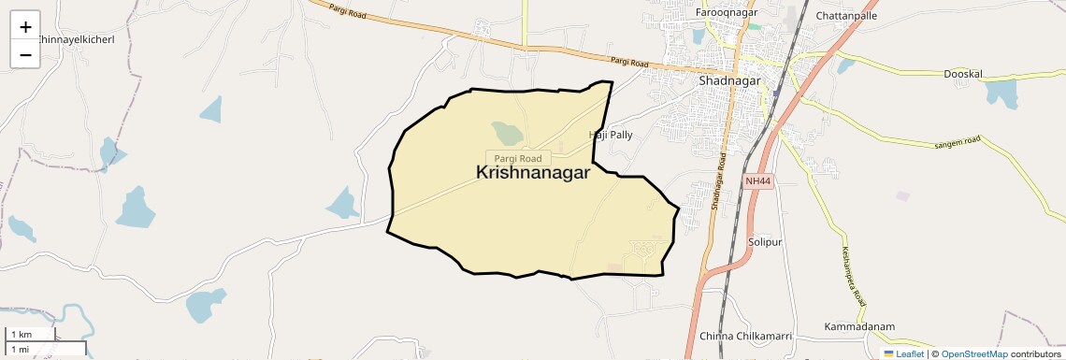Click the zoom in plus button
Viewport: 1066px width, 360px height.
point(25,27)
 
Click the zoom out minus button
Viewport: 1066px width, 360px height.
point(25,54)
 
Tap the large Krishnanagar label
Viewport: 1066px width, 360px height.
point(533,173)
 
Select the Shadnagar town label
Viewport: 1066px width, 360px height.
point(731,81)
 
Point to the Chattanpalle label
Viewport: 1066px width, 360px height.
point(846,16)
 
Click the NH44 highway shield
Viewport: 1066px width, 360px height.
point(758,180)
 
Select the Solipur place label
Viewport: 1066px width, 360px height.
point(764,242)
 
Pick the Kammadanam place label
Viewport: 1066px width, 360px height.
point(859,326)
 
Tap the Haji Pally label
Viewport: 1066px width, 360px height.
point(611,135)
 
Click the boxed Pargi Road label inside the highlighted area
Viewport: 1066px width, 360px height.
point(518,159)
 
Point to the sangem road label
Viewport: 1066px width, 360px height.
point(957,142)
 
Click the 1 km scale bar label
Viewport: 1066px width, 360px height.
point(22,335)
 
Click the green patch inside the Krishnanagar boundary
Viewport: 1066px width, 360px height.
point(508,133)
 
